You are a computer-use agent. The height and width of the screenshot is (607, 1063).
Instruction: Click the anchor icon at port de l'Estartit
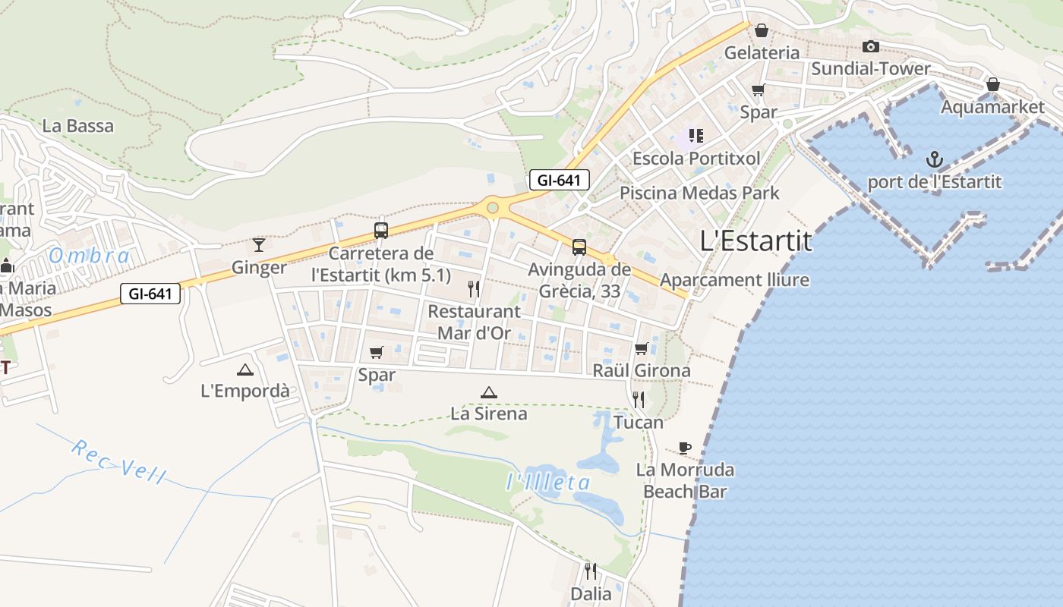click(935, 159)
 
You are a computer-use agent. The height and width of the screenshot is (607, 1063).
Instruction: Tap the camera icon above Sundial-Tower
click(871, 47)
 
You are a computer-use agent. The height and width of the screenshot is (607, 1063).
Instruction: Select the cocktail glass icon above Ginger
click(259, 244)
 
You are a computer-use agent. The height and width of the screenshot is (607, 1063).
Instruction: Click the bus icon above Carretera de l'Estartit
click(381, 231)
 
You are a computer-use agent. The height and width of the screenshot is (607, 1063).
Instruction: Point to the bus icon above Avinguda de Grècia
click(579, 247)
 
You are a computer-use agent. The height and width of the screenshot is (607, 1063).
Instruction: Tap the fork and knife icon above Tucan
click(639, 400)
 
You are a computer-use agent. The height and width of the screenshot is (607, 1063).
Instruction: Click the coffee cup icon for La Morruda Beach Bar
click(685, 448)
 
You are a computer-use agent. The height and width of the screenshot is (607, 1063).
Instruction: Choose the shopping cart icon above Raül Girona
click(642, 349)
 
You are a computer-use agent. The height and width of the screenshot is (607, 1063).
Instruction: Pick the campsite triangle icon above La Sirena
click(489, 392)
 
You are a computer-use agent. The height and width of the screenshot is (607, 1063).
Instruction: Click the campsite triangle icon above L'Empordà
click(244, 370)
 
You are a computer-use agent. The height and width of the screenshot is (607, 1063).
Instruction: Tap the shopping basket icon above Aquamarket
click(992, 84)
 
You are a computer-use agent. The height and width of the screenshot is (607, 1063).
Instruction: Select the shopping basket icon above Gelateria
click(762, 30)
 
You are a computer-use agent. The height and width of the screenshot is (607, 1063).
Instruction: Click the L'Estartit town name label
click(755, 241)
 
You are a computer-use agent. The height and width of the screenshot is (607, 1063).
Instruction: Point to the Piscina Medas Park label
click(699, 193)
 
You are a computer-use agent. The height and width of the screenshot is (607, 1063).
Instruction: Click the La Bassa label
click(78, 126)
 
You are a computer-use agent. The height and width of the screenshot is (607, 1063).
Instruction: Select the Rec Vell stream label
click(119, 461)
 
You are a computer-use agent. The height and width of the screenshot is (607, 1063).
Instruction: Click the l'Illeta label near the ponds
click(548, 483)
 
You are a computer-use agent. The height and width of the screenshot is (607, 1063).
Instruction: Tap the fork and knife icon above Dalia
click(591, 571)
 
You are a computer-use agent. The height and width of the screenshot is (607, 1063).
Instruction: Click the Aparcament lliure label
click(734, 281)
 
